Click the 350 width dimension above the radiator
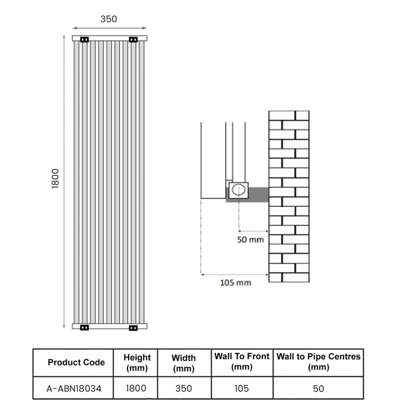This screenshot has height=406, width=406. pyautogui.click(x=109, y=19)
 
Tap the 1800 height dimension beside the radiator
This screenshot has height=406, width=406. pyautogui.click(x=55, y=180)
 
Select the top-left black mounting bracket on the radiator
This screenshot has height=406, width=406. pyautogui.click(x=84, y=41)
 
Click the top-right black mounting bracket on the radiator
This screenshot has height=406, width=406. pyautogui.click(x=133, y=41)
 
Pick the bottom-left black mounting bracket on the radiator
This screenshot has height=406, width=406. pyautogui.click(x=84, y=327)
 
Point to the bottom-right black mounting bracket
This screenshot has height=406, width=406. pyautogui.click(x=133, y=327)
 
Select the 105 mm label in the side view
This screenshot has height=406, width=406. pyautogui.click(x=235, y=282)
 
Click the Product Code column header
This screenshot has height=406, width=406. pyautogui.click(x=76, y=362)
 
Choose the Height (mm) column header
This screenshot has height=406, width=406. pyautogui.click(x=137, y=362)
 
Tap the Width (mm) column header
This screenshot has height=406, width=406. pyautogui.click(x=184, y=363)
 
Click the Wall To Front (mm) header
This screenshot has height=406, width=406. pyautogui.click(x=242, y=362)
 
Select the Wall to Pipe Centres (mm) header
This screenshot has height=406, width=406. pyautogui.click(x=318, y=362)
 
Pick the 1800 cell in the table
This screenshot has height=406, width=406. pyautogui.click(x=136, y=388)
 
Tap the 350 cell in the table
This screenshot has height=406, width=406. pyautogui.click(x=184, y=389)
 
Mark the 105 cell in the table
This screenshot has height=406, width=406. pyautogui.click(x=241, y=389)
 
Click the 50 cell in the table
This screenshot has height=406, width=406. pyautogui.click(x=318, y=389)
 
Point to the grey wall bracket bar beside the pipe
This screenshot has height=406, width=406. pyautogui.click(x=259, y=194)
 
